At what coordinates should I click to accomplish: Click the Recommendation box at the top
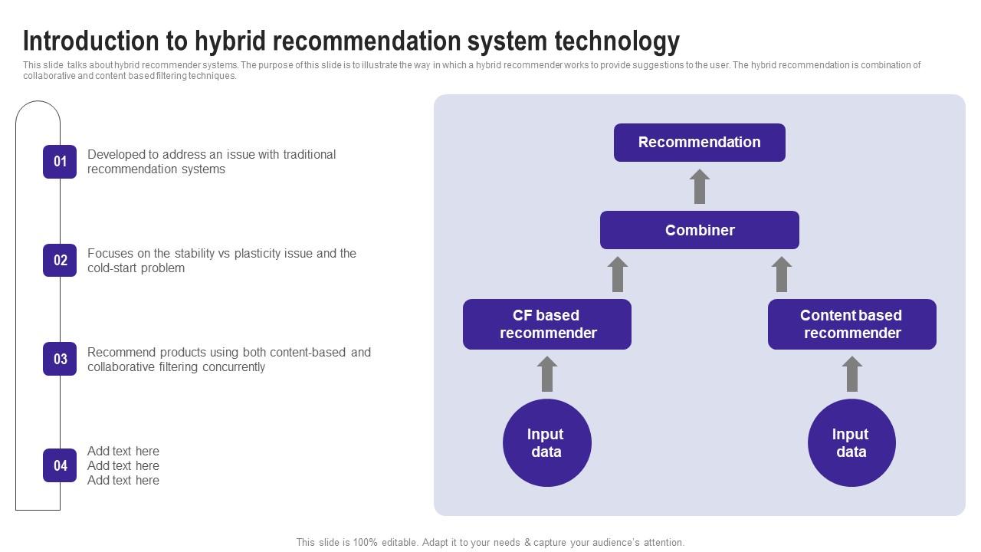point(699,143)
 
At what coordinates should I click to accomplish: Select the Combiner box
point(699,230)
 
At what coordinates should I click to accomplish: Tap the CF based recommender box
point(546,324)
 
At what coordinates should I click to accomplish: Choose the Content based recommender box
point(851,324)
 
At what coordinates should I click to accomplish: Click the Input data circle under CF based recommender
point(546,443)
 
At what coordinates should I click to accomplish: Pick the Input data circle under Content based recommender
point(851,443)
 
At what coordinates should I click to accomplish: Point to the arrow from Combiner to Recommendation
point(699,187)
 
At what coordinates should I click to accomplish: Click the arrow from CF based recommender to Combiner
point(618,274)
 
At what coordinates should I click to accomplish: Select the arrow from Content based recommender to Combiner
point(781,274)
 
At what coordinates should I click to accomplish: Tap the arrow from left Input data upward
point(546,374)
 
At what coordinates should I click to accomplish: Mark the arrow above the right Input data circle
point(851,374)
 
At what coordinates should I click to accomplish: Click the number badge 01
point(60,162)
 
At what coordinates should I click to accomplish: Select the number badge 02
point(60,261)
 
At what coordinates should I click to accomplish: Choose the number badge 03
point(60,360)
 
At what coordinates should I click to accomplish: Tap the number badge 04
point(60,465)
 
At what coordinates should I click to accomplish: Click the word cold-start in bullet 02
point(112,268)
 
